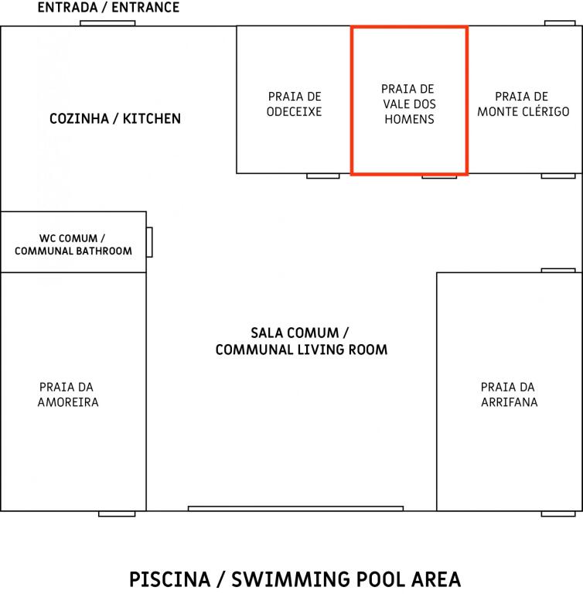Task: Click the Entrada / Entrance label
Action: (108, 7)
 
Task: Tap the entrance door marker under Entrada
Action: (107, 23)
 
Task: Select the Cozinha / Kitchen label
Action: (115, 118)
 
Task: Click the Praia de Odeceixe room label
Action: (295, 104)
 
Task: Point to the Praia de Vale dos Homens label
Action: (409, 104)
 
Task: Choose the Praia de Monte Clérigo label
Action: (523, 104)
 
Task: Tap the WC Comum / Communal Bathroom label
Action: (73, 244)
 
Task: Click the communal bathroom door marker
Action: (149, 242)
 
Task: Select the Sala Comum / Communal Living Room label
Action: (301, 341)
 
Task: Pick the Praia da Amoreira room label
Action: (68, 394)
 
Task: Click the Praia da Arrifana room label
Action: (509, 394)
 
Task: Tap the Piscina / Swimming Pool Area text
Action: (295, 579)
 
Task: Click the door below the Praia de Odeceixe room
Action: (322, 176)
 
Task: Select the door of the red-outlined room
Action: (439, 176)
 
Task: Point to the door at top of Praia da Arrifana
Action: (558, 270)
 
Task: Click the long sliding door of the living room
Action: (295, 508)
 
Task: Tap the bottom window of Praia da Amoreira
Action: (117, 514)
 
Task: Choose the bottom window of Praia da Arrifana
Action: (558, 514)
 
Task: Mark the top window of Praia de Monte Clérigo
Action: (560, 23)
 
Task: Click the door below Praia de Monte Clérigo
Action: (558, 176)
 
